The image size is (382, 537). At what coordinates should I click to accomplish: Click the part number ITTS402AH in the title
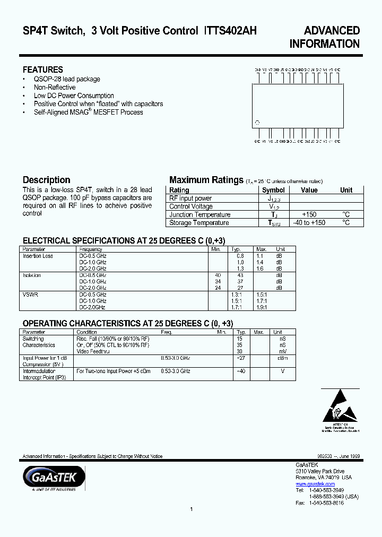tap(230, 31)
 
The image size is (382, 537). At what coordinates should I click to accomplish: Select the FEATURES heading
tap(42, 70)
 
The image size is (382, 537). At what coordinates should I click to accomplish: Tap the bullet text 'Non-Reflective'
tap(55, 88)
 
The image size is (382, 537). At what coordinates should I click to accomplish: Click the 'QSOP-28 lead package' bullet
tap(67, 79)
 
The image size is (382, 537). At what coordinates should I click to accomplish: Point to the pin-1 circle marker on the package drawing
tap(257, 123)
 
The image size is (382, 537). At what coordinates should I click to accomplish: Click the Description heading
tap(46, 180)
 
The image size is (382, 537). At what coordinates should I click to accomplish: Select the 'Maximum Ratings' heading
tap(206, 180)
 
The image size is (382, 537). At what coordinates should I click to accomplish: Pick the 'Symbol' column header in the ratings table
tap(273, 190)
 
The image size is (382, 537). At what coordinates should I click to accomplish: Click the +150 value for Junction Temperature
tap(309, 214)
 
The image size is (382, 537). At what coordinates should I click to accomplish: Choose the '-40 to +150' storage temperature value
tap(309, 223)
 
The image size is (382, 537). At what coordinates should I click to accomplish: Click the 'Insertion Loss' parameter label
tap(38, 256)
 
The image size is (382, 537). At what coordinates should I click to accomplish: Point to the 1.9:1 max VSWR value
tap(262, 307)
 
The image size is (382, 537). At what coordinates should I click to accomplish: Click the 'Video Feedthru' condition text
tap(93, 351)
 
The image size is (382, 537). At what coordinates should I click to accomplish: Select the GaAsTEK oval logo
tap(54, 477)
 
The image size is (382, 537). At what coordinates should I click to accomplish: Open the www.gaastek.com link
tap(315, 484)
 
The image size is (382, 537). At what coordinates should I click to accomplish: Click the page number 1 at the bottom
tap(191, 509)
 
